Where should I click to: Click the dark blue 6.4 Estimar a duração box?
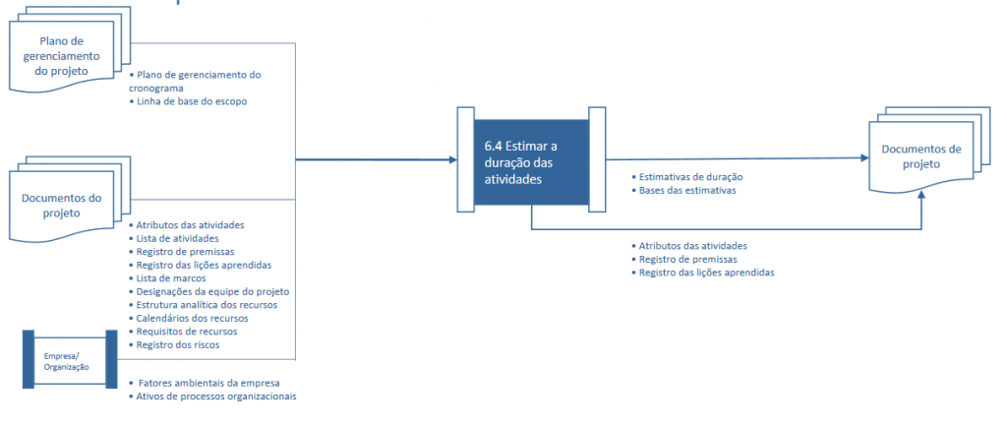(x=531, y=162)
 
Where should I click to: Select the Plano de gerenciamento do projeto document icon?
(x=70, y=48)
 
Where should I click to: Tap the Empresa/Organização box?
(x=70, y=359)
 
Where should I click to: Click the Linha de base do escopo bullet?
(x=188, y=101)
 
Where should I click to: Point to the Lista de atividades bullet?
(x=168, y=238)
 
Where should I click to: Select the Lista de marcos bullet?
(x=167, y=278)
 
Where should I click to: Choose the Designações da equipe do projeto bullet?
(x=208, y=291)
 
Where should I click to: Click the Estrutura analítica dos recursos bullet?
(x=203, y=305)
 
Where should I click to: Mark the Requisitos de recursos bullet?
(x=183, y=332)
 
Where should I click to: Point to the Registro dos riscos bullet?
(x=174, y=345)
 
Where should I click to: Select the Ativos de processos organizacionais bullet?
(x=212, y=396)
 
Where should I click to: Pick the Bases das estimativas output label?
(x=683, y=190)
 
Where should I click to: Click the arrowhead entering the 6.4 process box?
(x=450, y=159)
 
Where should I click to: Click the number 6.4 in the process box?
(x=494, y=146)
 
